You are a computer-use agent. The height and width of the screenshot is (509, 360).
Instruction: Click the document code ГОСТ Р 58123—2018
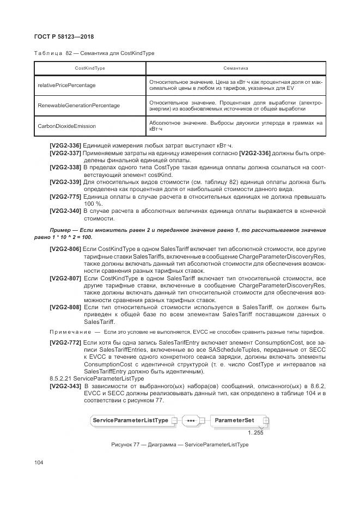[x=64, y=36]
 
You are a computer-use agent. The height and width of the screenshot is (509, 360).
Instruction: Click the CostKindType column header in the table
[x=90, y=69]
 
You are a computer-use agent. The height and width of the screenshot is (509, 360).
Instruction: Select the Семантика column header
[x=235, y=69]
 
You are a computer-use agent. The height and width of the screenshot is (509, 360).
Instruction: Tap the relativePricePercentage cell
[x=66, y=85]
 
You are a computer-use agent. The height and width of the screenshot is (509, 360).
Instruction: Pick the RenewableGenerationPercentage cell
[x=78, y=105]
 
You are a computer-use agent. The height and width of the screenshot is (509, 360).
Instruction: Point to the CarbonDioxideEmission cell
[x=66, y=126]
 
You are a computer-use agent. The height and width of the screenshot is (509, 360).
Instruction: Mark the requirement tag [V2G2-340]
[x=65, y=210]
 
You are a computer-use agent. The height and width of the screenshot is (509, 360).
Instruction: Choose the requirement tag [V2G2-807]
[x=65, y=278]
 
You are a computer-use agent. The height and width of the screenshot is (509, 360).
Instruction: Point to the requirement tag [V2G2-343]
[x=65, y=386]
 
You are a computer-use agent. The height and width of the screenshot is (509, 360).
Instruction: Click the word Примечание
[x=69, y=332]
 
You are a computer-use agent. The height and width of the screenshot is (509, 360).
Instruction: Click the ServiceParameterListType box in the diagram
[x=130, y=421]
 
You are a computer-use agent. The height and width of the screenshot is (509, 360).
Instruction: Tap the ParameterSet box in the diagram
[x=234, y=421]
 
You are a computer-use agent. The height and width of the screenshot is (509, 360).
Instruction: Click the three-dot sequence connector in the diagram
[x=191, y=421]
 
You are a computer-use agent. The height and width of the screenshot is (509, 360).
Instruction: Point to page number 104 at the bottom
[x=39, y=462]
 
